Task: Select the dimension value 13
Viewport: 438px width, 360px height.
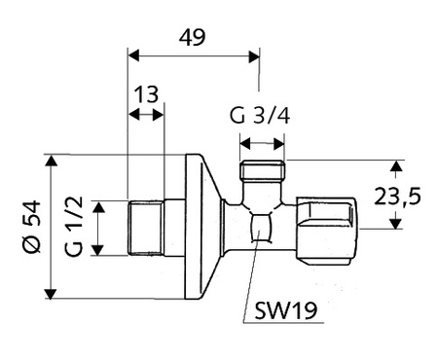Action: pos(145,94)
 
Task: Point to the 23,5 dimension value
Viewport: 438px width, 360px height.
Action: pos(399,196)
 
